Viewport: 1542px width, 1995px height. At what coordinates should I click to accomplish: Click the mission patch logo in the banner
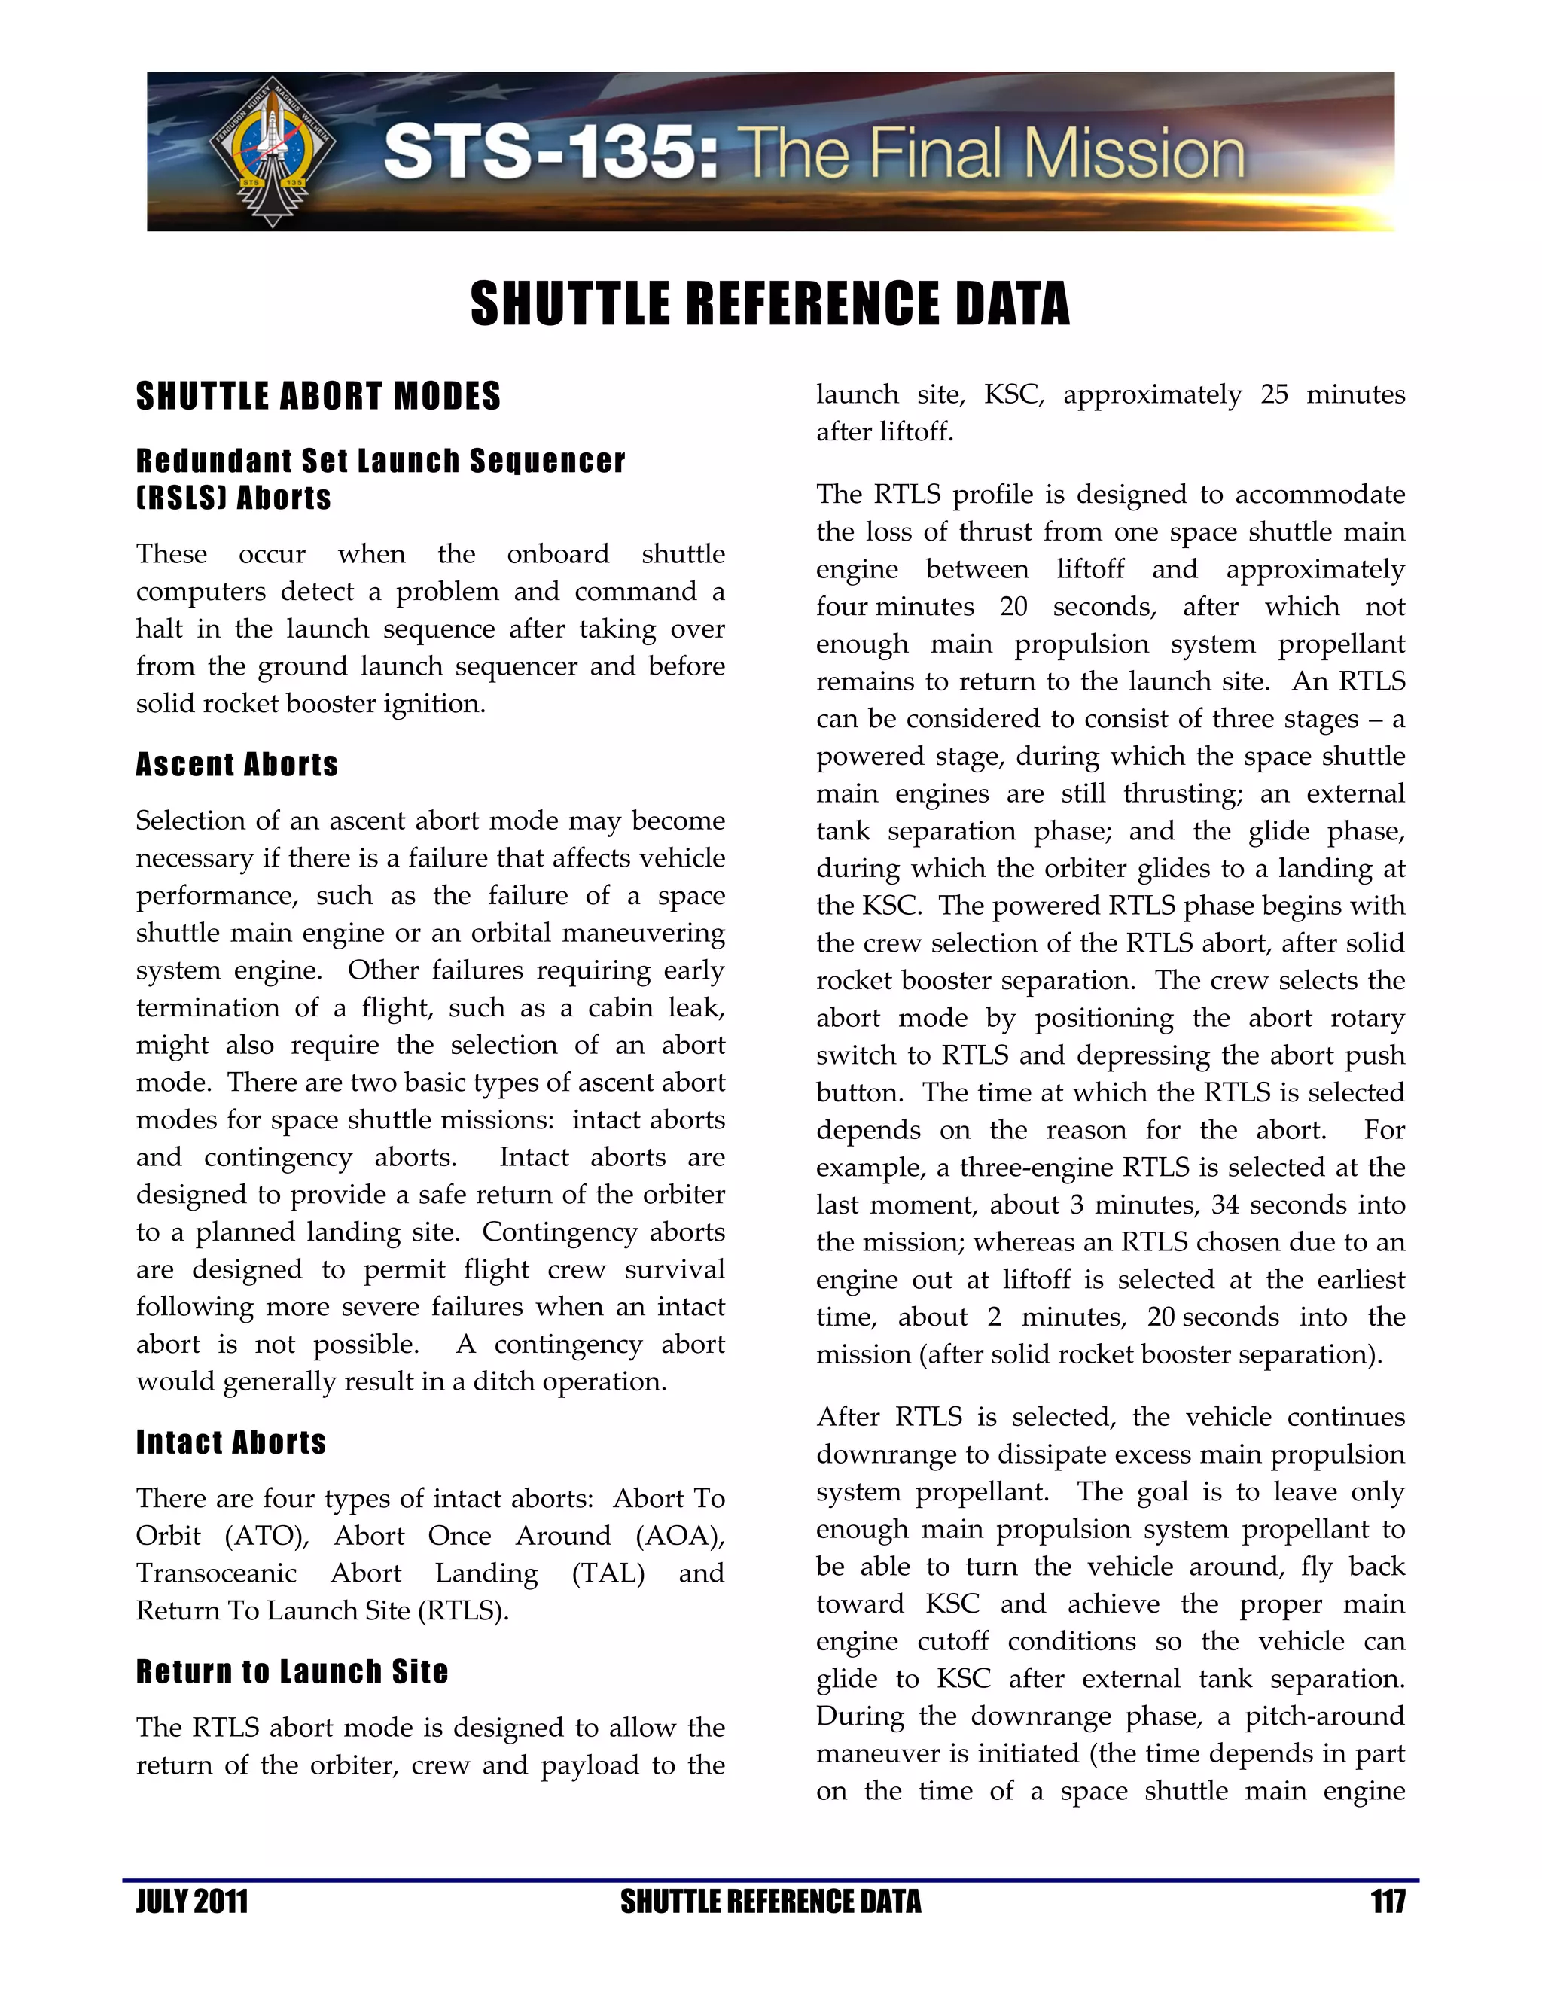(273, 151)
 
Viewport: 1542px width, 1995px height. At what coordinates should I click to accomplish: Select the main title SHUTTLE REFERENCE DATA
(770, 304)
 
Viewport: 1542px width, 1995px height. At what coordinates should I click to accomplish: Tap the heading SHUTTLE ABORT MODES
(318, 397)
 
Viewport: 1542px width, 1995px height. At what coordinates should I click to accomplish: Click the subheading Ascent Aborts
(236, 765)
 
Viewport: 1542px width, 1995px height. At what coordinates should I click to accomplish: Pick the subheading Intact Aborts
(231, 1442)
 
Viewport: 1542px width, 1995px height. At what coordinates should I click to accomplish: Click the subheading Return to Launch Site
(292, 1671)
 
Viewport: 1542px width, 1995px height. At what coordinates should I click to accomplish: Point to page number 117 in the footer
(1387, 1902)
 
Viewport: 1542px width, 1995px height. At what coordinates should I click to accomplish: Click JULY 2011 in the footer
(192, 1902)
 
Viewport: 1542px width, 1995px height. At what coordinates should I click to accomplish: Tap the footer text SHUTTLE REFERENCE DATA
(770, 1902)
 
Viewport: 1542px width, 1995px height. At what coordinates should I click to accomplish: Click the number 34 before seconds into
(1225, 1205)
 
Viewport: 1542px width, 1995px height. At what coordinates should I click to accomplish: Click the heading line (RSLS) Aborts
(234, 498)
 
